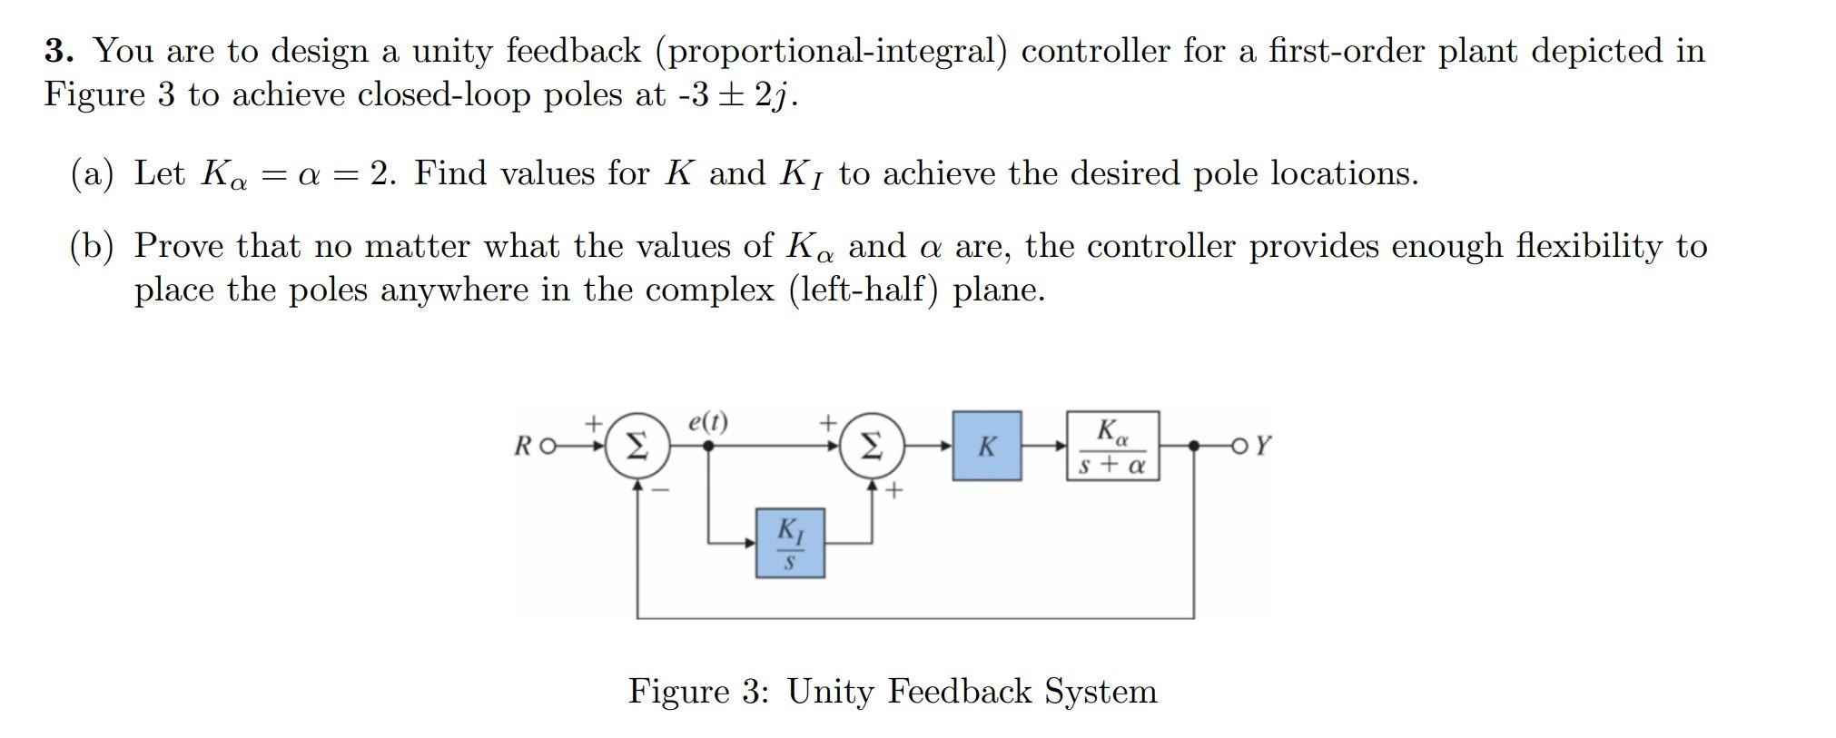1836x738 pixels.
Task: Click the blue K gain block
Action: point(986,446)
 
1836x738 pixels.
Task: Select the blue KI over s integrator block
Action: point(790,543)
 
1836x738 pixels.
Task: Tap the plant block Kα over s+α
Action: point(1112,446)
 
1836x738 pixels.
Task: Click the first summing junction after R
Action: point(637,446)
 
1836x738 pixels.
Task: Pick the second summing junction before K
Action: point(871,446)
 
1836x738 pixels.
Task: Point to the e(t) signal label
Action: point(707,422)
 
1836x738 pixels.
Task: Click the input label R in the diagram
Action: point(524,447)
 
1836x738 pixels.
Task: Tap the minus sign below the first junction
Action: point(662,490)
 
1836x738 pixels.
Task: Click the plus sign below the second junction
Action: point(894,491)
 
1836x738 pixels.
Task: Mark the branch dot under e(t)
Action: point(708,446)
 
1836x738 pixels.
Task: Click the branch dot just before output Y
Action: point(1194,446)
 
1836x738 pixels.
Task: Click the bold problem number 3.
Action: point(58,51)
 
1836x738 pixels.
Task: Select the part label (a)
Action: point(92,173)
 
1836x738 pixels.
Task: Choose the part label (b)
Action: point(92,246)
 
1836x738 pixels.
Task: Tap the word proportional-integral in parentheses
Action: point(831,52)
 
